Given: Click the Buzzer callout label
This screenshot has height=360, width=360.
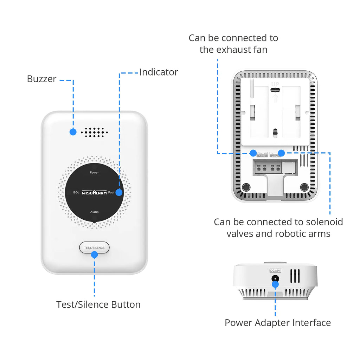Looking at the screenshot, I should (41, 79).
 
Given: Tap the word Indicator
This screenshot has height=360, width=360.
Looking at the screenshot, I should (159, 72).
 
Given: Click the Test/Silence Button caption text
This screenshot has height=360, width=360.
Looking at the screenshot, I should (98, 304).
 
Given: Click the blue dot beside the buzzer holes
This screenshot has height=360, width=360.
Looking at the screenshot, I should (73, 132).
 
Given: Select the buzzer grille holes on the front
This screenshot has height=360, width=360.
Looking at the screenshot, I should (93, 132).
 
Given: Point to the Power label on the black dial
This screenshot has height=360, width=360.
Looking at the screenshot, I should (94, 173).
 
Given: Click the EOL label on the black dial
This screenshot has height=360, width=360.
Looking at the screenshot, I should (76, 193).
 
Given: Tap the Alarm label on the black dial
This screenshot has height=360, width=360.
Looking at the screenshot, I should (94, 212).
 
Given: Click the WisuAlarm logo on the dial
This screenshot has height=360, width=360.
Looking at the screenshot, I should (94, 193).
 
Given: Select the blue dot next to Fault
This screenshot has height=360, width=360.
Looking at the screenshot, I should (119, 192).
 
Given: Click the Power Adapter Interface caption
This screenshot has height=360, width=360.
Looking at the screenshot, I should (278, 323).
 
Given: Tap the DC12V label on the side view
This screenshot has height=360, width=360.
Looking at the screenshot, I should (275, 271).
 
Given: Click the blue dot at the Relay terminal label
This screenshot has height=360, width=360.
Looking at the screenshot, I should (253, 153).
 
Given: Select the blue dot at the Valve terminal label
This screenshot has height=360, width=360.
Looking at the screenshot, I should (282, 153).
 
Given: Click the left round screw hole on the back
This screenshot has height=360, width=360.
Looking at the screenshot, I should (246, 187).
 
